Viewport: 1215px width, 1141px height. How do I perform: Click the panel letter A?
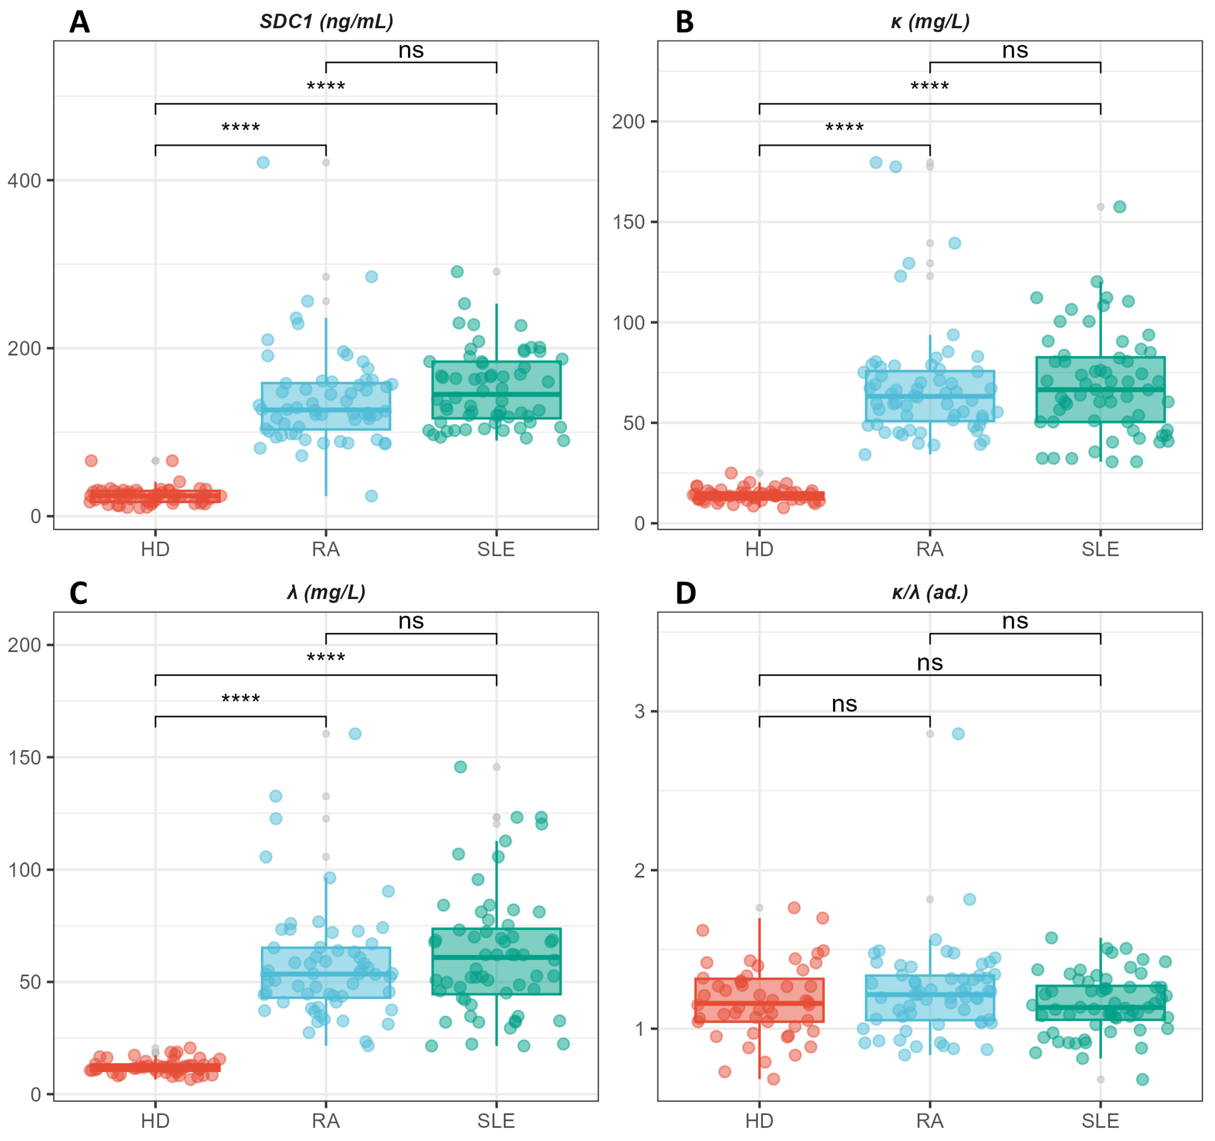80,23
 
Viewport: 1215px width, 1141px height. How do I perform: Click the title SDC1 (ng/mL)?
326,22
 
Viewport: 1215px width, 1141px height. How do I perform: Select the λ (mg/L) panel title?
326,592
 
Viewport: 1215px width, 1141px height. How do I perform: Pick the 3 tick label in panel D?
639,712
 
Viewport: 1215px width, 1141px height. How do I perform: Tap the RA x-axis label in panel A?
326,549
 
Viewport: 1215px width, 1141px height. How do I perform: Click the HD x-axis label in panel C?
155,1121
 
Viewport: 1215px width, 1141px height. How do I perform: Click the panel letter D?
685,593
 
